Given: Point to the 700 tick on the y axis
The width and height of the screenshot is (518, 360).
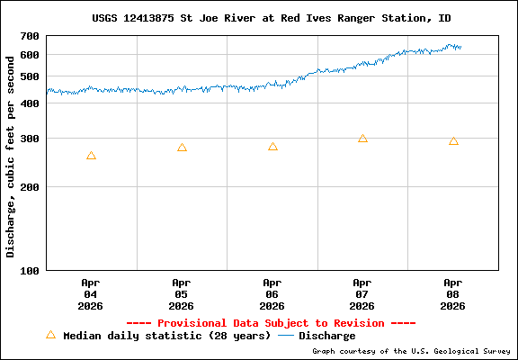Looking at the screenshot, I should pos(30,36).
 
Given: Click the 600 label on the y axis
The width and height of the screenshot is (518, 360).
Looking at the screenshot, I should pos(30,54).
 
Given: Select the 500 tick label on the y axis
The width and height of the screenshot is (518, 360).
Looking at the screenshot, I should pos(30,76).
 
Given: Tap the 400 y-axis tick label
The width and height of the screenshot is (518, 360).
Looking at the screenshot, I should pos(30,103).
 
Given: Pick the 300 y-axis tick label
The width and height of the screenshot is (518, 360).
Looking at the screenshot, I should pos(30,139).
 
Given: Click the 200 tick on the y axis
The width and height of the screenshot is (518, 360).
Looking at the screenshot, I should pos(30,187).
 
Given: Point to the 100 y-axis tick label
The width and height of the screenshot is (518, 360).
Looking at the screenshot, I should pos(30,270).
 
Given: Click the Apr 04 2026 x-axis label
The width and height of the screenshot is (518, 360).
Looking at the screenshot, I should pos(91,294).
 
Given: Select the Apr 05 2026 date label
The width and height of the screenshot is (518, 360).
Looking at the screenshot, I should pos(182,294).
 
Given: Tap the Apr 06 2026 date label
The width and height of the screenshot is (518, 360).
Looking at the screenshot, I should pos(272,294).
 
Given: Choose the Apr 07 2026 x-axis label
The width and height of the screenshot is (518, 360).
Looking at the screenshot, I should pos(362,294).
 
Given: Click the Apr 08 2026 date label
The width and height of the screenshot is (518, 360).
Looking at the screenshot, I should pos(453,294).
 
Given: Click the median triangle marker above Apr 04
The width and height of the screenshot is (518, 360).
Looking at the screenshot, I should pos(91,156).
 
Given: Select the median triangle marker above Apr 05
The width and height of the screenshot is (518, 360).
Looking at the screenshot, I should pos(182,148).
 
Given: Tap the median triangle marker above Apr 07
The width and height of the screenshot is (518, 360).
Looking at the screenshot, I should pos(362,139).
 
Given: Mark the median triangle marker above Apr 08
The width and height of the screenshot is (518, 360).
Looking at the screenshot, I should pos(453,141).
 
